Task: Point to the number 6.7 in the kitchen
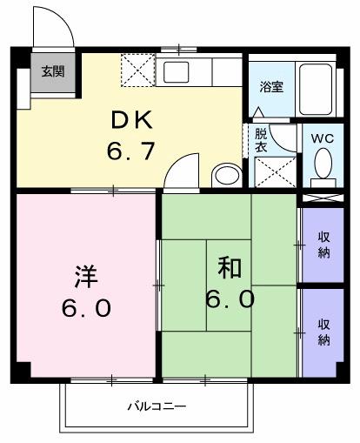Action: (x=131, y=151)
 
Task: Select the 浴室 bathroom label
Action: (x=271, y=86)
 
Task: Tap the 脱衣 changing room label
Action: (x=261, y=140)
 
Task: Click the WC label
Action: (x=323, y=137)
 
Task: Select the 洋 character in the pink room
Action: (x=84, y=278)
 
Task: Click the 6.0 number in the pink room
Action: (x=86, y=309)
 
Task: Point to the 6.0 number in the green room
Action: (x=230, y=300)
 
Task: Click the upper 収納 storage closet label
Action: (x=323, y=245)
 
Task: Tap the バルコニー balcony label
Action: (x=157, y=406)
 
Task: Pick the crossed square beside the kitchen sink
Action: (x=137, y=69)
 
